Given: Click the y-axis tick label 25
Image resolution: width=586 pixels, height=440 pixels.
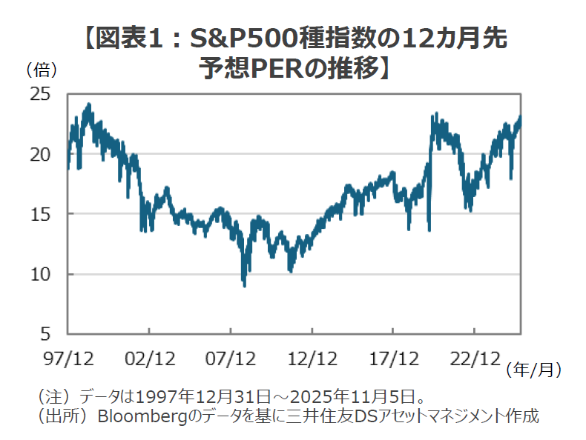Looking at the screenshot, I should [x=41, y=94].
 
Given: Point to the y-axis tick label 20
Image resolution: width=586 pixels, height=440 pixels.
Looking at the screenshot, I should [x=41, y=154].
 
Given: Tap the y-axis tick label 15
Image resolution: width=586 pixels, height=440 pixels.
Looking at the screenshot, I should [x=41, y=214].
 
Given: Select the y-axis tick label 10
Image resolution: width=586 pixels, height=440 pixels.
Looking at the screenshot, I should [x=41, y=274].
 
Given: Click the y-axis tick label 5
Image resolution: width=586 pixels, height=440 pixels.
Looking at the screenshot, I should [x=46, y=334].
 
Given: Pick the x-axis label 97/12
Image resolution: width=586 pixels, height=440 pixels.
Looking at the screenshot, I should [x=68, y=359].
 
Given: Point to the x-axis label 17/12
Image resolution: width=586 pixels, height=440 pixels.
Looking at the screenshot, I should [x=392, y=359].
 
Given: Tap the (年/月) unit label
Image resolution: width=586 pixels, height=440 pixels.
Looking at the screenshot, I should [x=533, y=368].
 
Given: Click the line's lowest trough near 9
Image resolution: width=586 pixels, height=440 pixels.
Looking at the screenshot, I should [x=244, y=284].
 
